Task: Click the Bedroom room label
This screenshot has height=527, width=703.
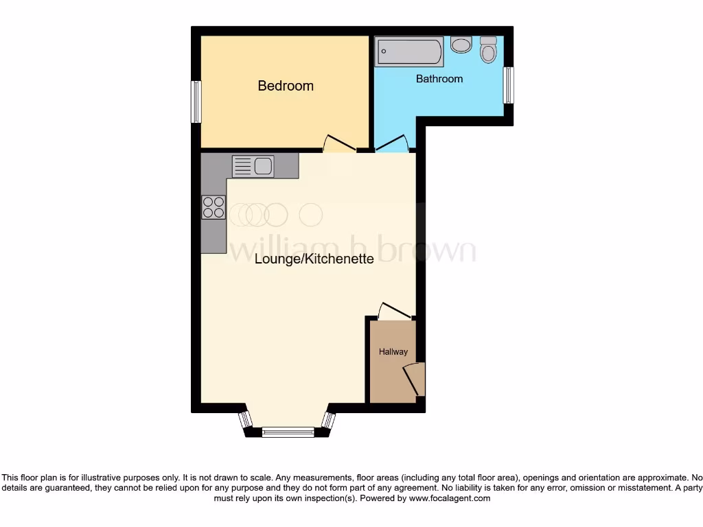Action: pyautogui.click(x=286, y=86)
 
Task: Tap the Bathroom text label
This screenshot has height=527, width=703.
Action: pyautogui.click(x=439, y=79)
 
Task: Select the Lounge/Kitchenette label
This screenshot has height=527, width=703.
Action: pyautogui.click(x=314, y=259)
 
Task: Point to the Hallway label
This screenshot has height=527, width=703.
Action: pyautogui.click(x=393, y=352)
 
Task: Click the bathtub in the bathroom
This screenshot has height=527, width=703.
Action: pyautogui.click(x=409, y=51)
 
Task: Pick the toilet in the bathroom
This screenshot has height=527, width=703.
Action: pyautogui.click(x=488, y=49)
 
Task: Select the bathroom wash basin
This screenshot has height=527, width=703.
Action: pyautogui.click(x=461, y=45)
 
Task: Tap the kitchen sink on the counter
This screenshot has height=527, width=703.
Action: pyautogui.click(x=253, y=166)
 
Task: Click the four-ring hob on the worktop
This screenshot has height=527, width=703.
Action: pyautogui.click(x=214, y=207)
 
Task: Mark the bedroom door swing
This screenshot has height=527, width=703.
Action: pyautogui.click(x=339, y=143)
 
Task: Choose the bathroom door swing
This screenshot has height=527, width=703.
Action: pyautogui.click(x=391, y=143)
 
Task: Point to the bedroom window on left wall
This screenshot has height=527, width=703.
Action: pyautogui.click(x=196, y=102)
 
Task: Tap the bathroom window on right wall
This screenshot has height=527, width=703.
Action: pyautogui.click(x=508, y=85)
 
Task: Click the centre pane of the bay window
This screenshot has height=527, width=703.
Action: pyautogui.click(x=288, y=432)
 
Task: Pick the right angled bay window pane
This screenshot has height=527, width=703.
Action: pyautogui.click(x=329, y=420)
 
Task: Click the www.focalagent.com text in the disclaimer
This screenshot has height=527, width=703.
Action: pyautogui.click(x=449, y=499)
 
